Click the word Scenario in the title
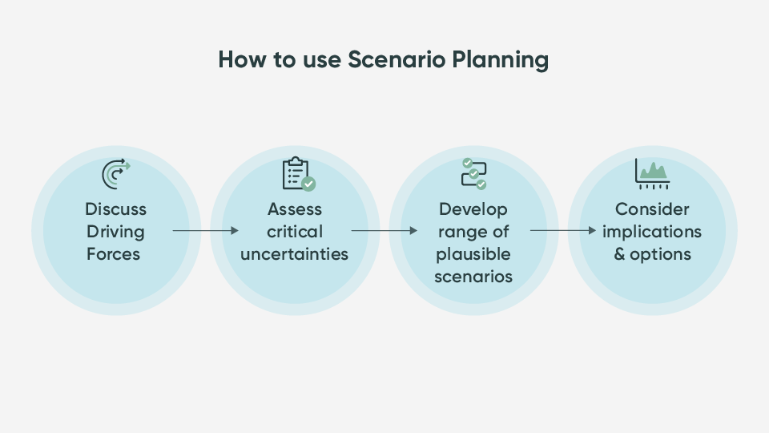pos(397,59)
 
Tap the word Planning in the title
pos(500,60)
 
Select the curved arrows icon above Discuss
pos(116,174)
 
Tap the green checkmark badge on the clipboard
pos(308,184)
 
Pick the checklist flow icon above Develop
pos(473,174)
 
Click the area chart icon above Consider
pos(652,174)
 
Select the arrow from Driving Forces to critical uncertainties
pos(206,230)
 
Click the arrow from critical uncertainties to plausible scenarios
pos(384,230)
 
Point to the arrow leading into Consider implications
pos(563,230)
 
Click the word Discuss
pos(115,209)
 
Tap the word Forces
pos(113,254)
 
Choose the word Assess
pos(295,209)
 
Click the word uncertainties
pos(294,254)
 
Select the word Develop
pos(473,210)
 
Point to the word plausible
pos(473,255)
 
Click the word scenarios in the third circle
pos(473,277)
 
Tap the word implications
pos(652,233)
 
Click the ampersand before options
pos(619,254)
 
